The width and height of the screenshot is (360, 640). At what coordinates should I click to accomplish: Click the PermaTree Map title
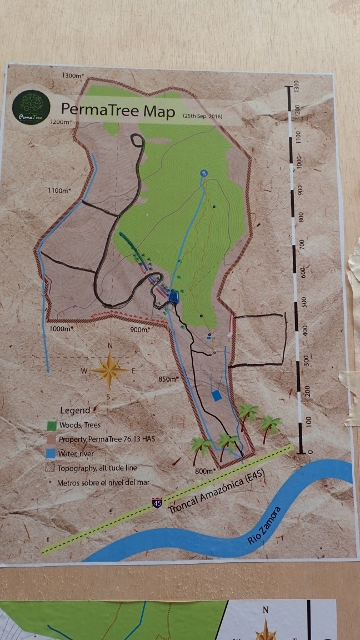click(119, 110)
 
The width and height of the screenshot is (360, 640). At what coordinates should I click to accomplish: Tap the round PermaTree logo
click(31, 107)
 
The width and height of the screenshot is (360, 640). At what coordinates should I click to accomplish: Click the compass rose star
click(110, 371)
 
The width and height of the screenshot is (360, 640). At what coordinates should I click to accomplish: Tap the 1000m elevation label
click(61, 328)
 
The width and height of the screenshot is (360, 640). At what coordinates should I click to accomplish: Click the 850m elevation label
click(168, 379)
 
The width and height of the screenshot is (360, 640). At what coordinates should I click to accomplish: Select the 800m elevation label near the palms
click(204, 470)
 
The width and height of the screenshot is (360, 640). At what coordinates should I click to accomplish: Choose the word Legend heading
click(76, 411)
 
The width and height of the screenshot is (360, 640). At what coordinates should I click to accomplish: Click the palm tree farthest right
click(269, 425)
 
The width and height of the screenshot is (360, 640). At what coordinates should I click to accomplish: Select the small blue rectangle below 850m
click(216, 397)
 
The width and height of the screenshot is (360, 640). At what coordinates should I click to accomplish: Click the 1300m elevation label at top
click(72, 76)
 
